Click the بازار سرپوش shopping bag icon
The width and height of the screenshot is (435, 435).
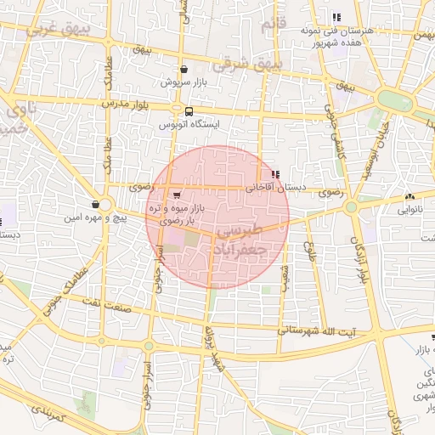point(184,70)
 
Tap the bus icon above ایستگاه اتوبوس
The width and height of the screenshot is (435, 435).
point(188,110)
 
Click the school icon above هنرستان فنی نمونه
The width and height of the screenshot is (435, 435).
point(336,17)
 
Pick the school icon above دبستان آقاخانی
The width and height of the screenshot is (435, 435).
point(274,175)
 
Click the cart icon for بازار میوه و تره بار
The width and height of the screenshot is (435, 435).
point(176,195)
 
